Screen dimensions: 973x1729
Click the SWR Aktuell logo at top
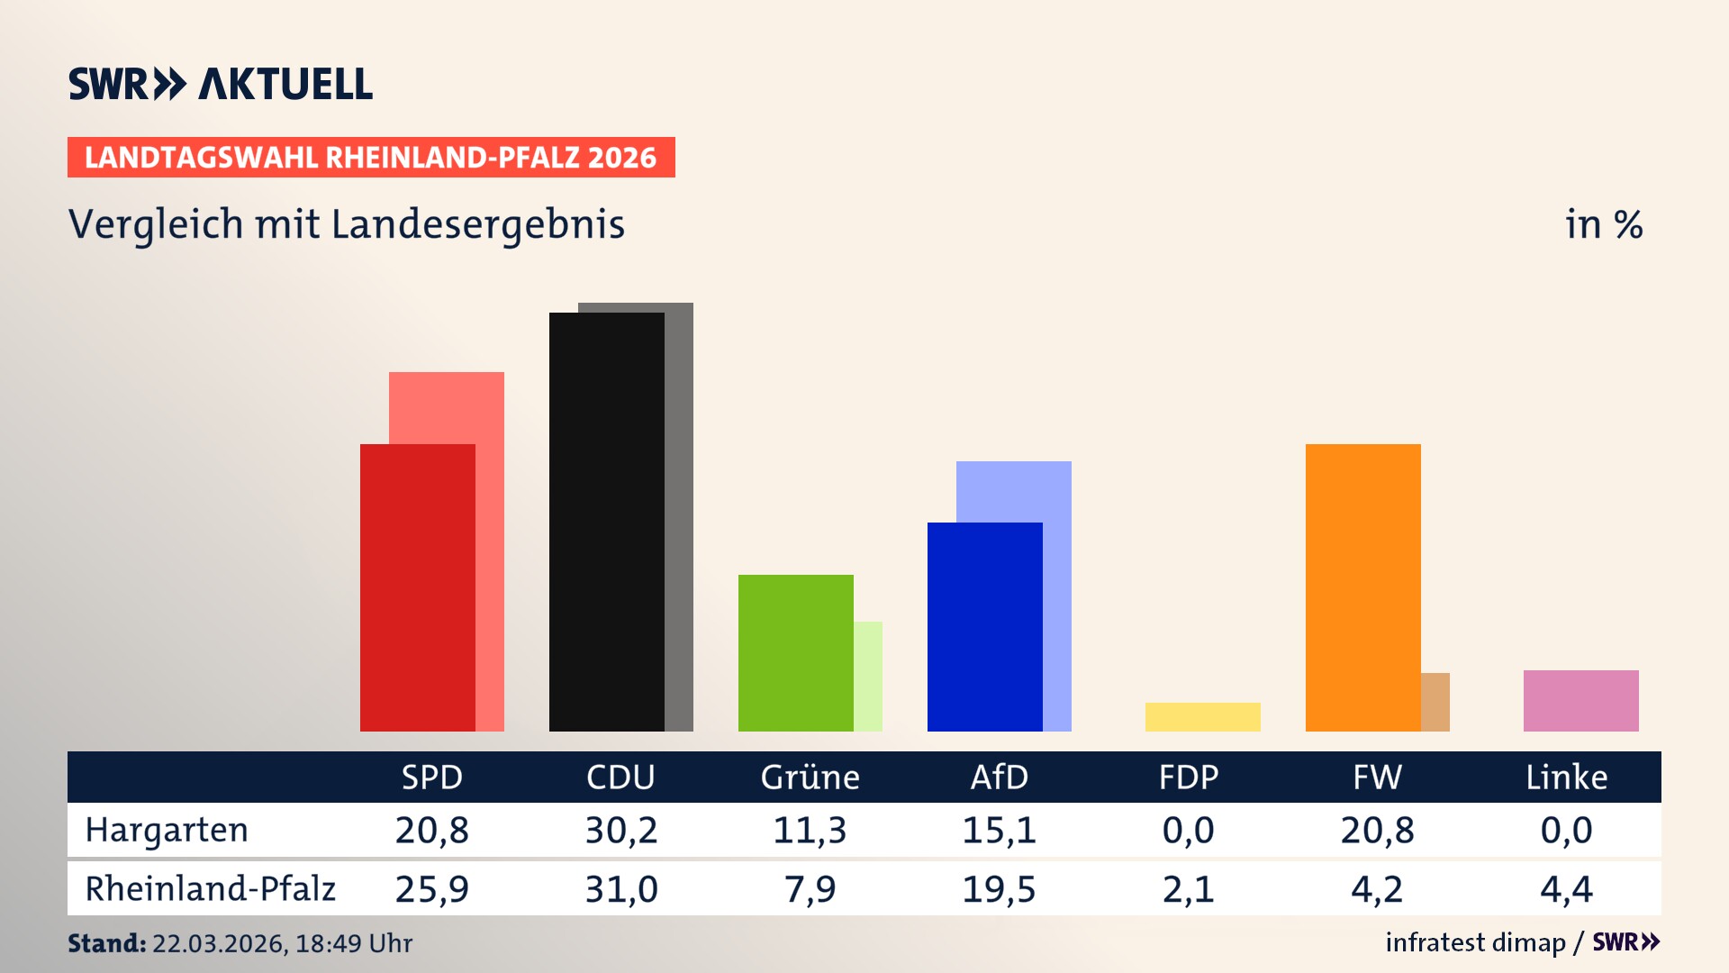(x=220, y=84)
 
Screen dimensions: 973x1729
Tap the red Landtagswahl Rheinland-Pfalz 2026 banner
(x=371, y=158)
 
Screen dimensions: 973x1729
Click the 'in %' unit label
(x=1603, y=224)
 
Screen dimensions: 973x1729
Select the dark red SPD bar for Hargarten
(x=417, y=587)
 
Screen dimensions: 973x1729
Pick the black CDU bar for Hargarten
(x=606, y=522)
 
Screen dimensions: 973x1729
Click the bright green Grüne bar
(x=795, y=652)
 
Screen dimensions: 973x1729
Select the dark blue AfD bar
(x=984, y=626)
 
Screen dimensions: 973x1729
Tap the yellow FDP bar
(x=1202, y=716)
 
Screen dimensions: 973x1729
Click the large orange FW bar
(x=1362, y=587)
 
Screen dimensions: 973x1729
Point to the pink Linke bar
(x=1580, y=700)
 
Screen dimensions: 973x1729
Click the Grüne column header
(x=810, y=777)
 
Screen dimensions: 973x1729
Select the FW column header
(x=1377, y=777)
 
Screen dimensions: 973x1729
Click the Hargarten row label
(x=167, y=830)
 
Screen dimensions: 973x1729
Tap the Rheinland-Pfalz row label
(x=210, y=888)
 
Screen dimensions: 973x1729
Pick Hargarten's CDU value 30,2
(x=621, y=830)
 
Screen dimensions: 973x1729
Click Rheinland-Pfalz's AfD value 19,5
(x=999, y=889)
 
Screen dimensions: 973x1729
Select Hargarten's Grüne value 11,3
(x=810, y=830)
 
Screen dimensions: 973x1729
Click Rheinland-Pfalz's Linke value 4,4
(x=1566, y=889)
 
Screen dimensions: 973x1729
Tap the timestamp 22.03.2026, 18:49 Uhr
(x=282, y=943)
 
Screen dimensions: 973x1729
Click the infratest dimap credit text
(x=1475, y=942)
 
